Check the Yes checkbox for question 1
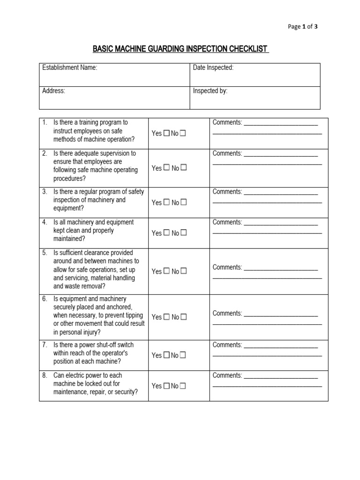pyautogui.click(x=166, y=134)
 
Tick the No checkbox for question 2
pyautogui.click(x=184, y=167)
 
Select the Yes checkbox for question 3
pyautogui.click(x=166, y=202)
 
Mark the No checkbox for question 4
pyautogui.click(x=184, y=232)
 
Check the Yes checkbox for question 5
pyautogui.click(x=166, y=271)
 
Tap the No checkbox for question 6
pyautogui.click(x=184, y=317)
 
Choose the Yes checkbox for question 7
pyautogui.click(x=166, y=355)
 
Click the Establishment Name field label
pyautogui.click(x=70, y=68)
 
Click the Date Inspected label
pyautogui.click(x=213, y=68)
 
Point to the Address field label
pyautogui.click(x=53, y=91)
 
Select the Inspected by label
pyautogui.click(x=210, y=91)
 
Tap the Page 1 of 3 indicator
pyautogui.click(x=302, y=27)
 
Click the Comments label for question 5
pyautogui.click(x=227, y=267)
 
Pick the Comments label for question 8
pyautogui.click(x=227, y=375)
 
